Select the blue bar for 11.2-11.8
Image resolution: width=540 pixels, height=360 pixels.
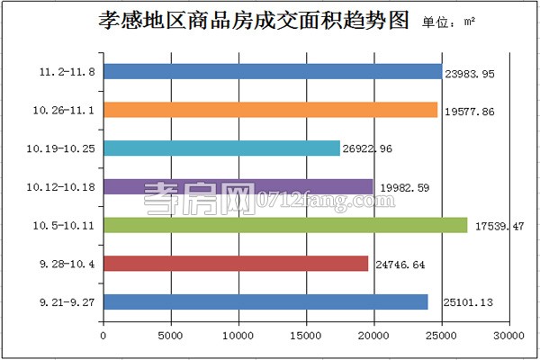(x=272, y=71)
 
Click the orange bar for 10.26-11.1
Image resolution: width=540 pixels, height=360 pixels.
(x=270, y=110)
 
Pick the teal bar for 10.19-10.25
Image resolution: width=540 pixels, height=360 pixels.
(x=221, y=148)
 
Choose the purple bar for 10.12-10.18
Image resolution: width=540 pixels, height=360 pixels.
(x=238, y=187)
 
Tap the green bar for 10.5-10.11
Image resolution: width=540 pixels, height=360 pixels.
(x=285, y=225)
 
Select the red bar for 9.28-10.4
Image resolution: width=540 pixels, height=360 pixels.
(x=236, y=264)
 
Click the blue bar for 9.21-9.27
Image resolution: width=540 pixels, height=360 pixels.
(x=265, y=302)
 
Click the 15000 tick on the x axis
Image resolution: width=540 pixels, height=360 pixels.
(x=306, y=336)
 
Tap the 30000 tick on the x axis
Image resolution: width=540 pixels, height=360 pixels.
(x=508, y=336)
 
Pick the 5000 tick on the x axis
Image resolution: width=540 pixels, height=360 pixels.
(x=171, y=336)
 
